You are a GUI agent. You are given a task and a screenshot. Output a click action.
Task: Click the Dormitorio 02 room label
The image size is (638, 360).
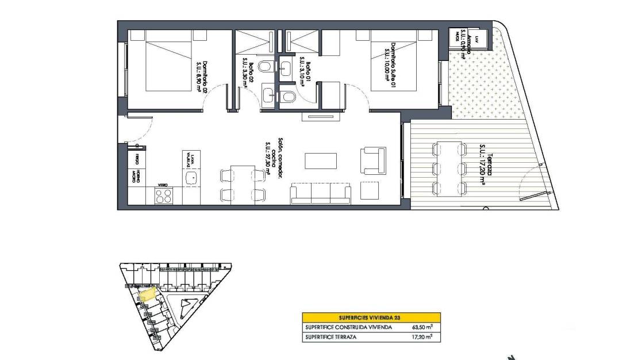click(201, 73)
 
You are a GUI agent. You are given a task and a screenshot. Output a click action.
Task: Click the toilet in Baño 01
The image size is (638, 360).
click(288, 96)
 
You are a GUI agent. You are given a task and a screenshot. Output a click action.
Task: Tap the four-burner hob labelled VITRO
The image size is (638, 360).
click(163, 196)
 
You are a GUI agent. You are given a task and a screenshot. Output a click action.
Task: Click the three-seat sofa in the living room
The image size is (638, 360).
click(321, 194)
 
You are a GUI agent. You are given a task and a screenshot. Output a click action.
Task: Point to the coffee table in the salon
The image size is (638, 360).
click(320, 160)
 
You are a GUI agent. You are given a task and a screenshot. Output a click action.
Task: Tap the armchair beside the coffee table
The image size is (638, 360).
click(372, 160)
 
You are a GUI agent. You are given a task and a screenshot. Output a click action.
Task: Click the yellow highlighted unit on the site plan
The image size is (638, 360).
click(148, 294)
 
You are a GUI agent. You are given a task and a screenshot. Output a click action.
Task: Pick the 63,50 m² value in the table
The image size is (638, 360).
click(422, 327)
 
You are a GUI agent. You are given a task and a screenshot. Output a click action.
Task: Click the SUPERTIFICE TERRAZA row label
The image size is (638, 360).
click(331, 337)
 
